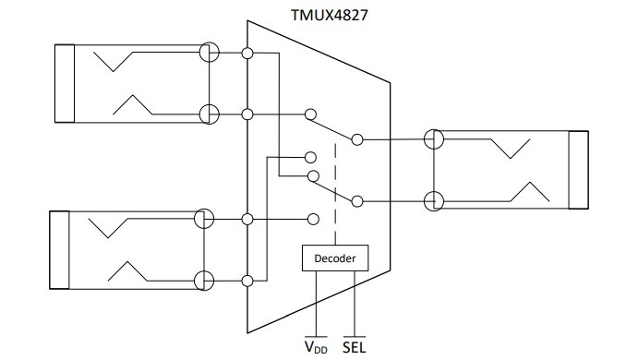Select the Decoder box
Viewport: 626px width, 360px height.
[335, 258]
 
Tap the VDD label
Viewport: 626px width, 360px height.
[316, 348]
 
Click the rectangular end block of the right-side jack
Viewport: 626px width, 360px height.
[578, 170]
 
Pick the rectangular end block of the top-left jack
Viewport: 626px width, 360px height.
[65, 83]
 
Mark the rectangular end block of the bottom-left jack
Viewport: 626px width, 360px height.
[57, 250]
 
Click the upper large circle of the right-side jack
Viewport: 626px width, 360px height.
[434, 140]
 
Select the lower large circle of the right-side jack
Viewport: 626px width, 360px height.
[434, 199]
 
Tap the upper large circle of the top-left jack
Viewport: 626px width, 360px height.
[210, 54]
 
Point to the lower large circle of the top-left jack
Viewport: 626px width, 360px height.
[210, 114]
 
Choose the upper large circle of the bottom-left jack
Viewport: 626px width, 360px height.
[204, 220]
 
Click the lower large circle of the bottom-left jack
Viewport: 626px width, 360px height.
[204, 280]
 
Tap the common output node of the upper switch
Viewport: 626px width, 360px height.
[356, 140]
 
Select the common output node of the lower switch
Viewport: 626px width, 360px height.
[356, 199]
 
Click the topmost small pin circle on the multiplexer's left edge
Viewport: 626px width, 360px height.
[247, 54]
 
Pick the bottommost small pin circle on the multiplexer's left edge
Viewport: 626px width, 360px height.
[247, 280]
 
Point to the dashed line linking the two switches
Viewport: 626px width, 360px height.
[334, 185]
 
